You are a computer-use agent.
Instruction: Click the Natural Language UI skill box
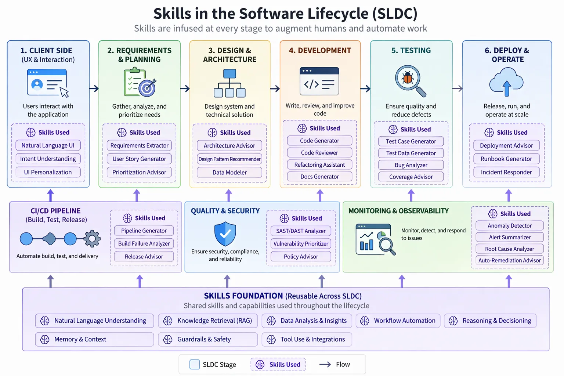click(x=48, y=145)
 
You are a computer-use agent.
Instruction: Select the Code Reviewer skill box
click(x=319, y=153)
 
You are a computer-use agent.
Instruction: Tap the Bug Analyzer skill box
click(x=411, y=165)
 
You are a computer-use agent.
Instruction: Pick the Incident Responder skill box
click(x=506, y=172)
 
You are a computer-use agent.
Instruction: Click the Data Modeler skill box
click(x=229, y=172)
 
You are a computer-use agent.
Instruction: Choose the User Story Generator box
click(x=139, y=159)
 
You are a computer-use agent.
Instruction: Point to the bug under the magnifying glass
click(x=408, y=78)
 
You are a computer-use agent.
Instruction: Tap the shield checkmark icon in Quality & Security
click(x=225, y=234)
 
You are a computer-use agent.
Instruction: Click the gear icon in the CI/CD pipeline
click(x=92, y=239)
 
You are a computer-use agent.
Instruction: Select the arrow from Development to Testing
click(x=365, y=88)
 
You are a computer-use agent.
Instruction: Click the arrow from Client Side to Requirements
click(x=94, y=88)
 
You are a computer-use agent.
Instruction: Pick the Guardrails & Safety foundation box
click(x=207, y=339)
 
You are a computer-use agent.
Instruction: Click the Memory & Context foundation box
click(x=94, y=339)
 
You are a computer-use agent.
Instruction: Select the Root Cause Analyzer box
click(x=509, y=249)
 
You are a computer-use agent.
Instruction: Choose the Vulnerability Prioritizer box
click(x=301, y=244)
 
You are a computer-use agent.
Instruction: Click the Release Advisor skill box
click(x=144, y=257)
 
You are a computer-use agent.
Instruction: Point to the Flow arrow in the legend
click(x=325, y=364)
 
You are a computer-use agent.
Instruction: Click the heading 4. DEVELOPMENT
click(x=320, y=51)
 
